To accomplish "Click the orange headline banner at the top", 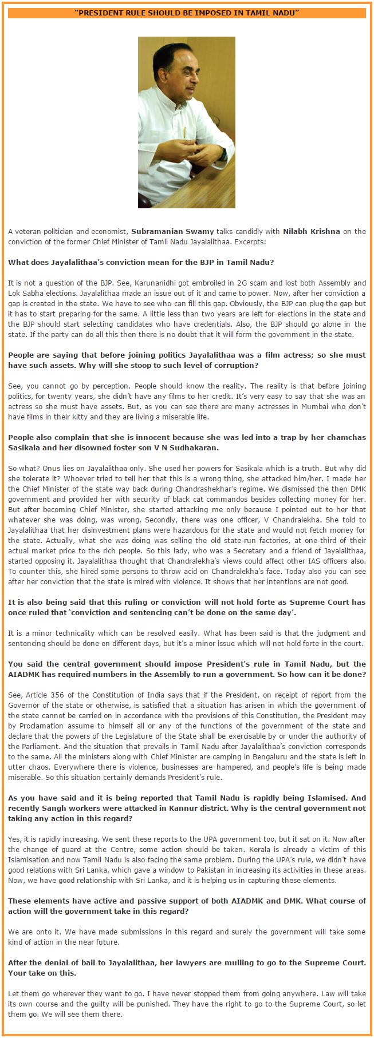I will pos(187,13).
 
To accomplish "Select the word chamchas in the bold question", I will pos(346,438).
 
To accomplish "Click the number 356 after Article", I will pos(56,695).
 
